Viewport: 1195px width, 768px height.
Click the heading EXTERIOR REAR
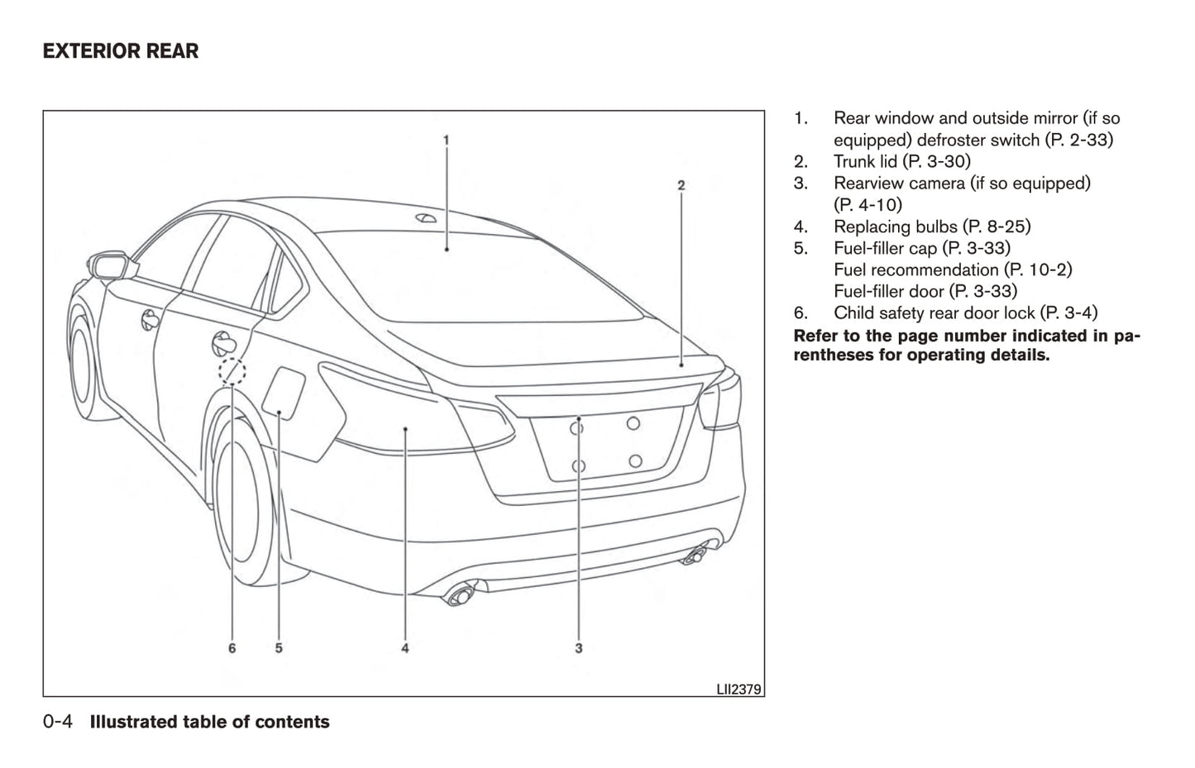121,51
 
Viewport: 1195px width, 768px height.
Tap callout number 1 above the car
446,141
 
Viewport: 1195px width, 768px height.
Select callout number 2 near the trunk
681,185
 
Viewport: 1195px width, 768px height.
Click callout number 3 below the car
579,648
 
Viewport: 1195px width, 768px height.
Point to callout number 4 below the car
405,648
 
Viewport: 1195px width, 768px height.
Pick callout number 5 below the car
279,648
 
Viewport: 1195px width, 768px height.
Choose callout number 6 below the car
232,648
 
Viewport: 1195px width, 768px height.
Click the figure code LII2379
739,688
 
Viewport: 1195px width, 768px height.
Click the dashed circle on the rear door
232,371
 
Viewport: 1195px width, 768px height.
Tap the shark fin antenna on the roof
427,218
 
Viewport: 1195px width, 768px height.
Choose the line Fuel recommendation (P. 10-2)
953,270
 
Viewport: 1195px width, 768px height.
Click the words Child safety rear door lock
934,312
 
